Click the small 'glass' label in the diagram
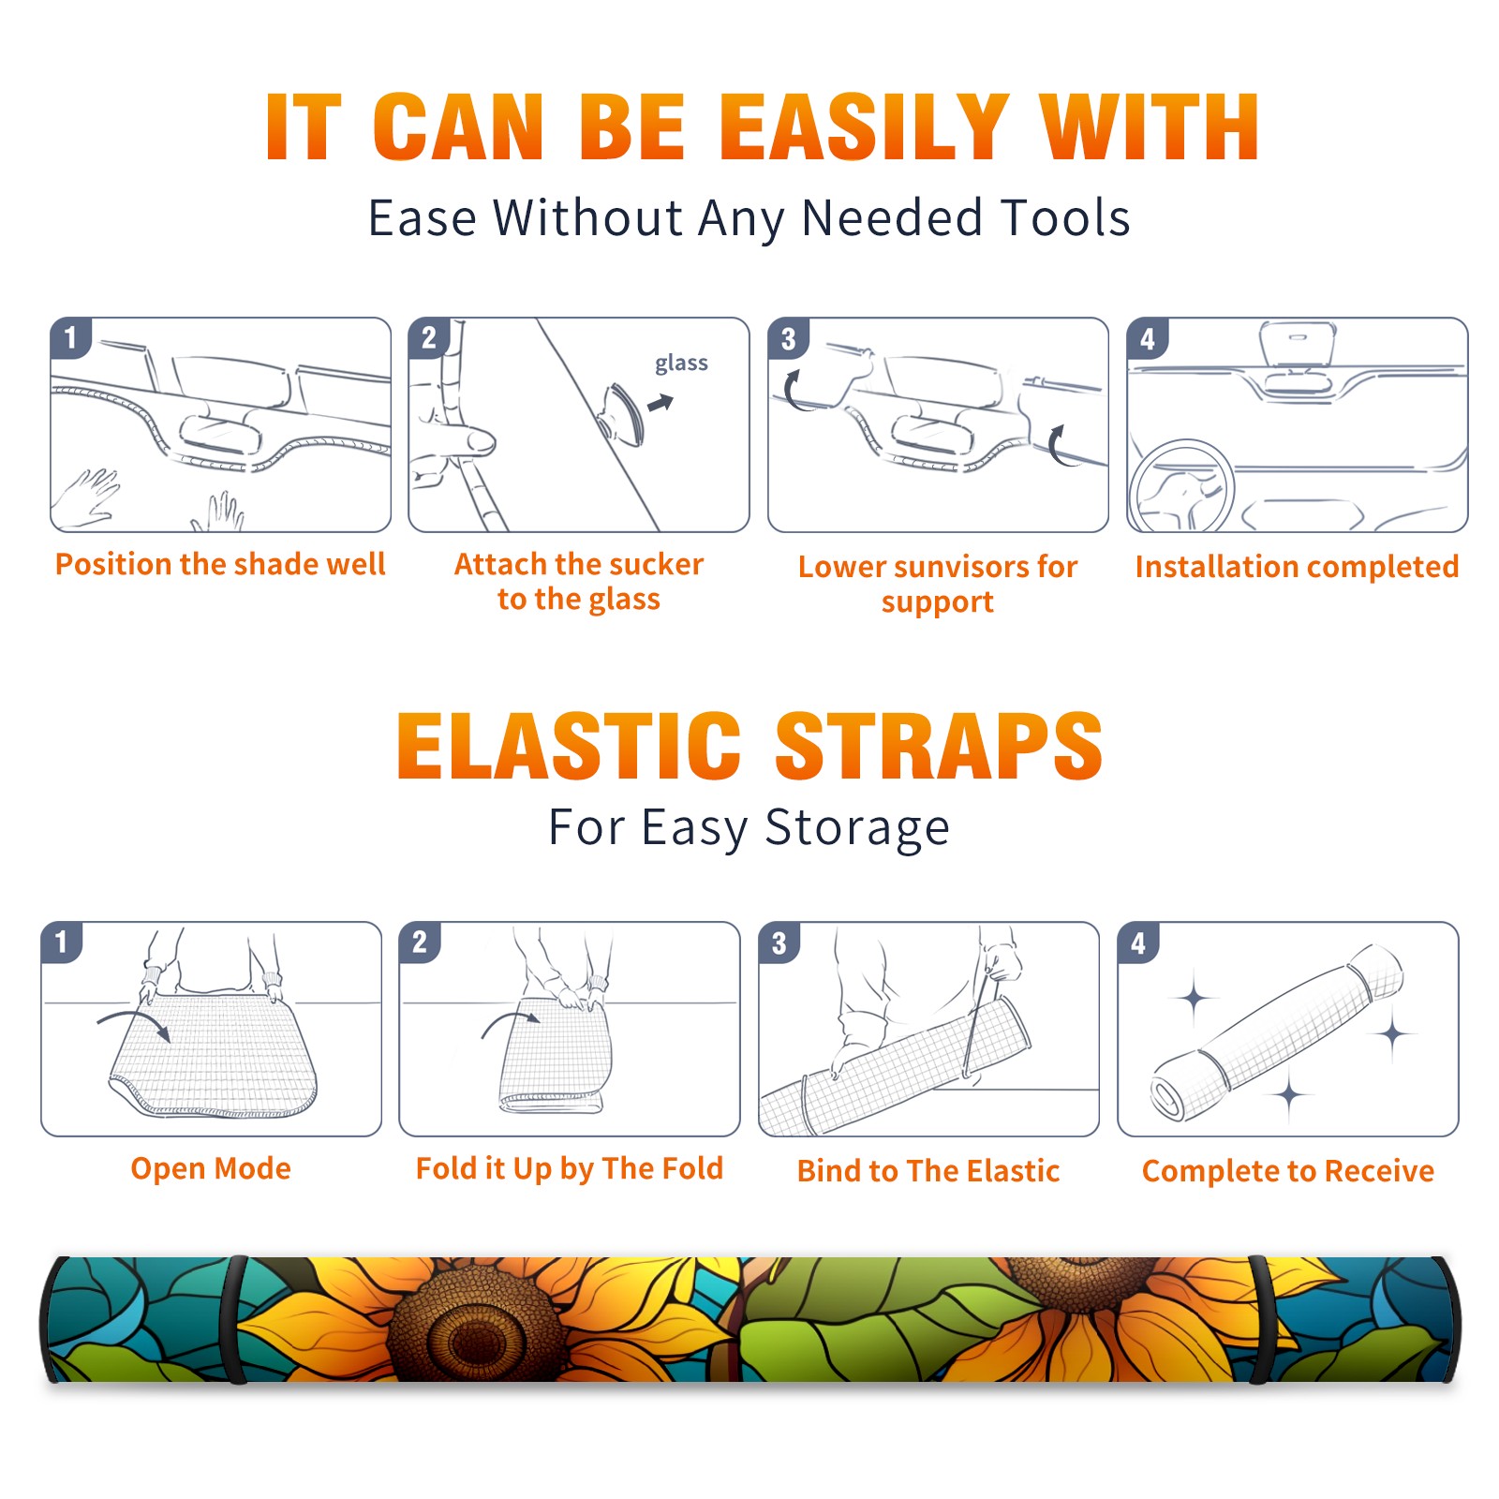(x=681, y=363)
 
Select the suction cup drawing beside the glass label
(x=623, y=413)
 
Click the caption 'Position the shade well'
(x=220, y=564)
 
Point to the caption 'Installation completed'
(x=1297, y=566)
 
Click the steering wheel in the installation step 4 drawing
(x=1181, y=485)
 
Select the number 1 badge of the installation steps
(x=70, y=337)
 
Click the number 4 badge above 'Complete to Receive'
(x=1138, y=942)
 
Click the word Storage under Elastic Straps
(x=857, y=828)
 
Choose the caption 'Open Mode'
(x=211, y=1168)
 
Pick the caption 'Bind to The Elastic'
(x=928, y=1171)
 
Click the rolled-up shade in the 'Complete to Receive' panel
(x=1277, y=1032)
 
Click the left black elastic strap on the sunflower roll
(x=237, y=1319)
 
